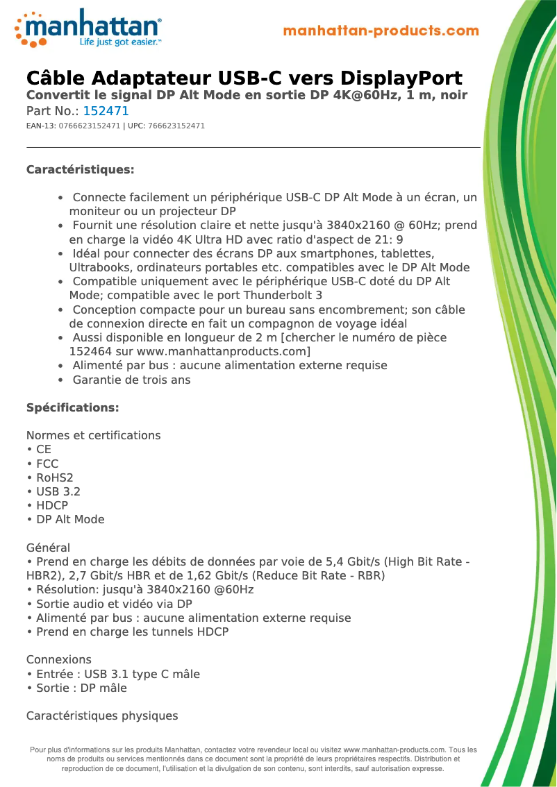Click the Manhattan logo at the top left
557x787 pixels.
[x=88, y=28]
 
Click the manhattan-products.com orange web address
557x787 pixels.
[x=381, y=31]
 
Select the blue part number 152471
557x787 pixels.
[x=106, y=111]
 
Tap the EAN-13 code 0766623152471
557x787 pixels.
[x=90, y=126]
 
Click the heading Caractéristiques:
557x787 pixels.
[x=80, y=170]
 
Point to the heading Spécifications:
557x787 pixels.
[x=72, y=407]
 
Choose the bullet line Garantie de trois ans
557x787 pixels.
[x=131, y=380]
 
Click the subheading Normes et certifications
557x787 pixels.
[x=93, y=435]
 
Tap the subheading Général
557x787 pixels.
[x=48, y=548]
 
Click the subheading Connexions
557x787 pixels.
[x=58, y=659]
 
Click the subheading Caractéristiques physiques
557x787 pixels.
[x=101, y=716]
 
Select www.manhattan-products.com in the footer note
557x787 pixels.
[x=394, y=750]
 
